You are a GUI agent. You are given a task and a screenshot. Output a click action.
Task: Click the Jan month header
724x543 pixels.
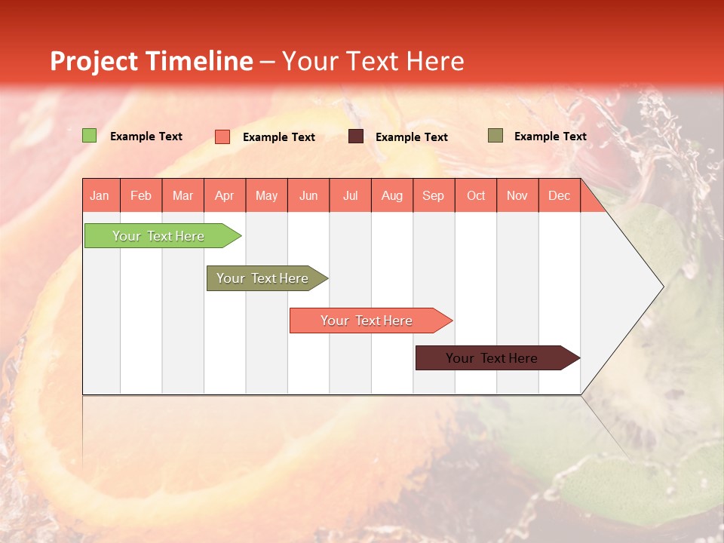tap(100, 195)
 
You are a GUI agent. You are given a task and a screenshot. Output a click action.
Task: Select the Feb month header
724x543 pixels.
tap(141, 195)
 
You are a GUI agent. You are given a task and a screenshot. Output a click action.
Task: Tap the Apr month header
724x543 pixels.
tap(224, 195)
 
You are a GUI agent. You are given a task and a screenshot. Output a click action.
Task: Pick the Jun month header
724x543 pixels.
tap(308, 195)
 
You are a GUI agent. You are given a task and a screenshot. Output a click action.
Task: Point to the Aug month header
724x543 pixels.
tap(391, 195)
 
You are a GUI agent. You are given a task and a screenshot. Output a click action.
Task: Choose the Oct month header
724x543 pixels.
tap(476, 195)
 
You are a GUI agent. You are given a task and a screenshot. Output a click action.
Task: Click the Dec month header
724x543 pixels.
tap(559, 195)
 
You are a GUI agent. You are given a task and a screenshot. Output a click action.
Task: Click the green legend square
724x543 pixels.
tap(90, 136)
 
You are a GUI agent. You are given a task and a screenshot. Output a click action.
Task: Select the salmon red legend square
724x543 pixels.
tap(222, 137)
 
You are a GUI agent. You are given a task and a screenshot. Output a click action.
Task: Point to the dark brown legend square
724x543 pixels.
tap(356, 137)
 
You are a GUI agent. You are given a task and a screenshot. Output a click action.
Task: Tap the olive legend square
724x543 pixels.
tap(495, 136)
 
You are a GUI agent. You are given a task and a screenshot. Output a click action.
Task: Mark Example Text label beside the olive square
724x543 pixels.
tap(550, 136)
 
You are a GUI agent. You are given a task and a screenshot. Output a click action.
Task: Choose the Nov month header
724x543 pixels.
tap(517, 195)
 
